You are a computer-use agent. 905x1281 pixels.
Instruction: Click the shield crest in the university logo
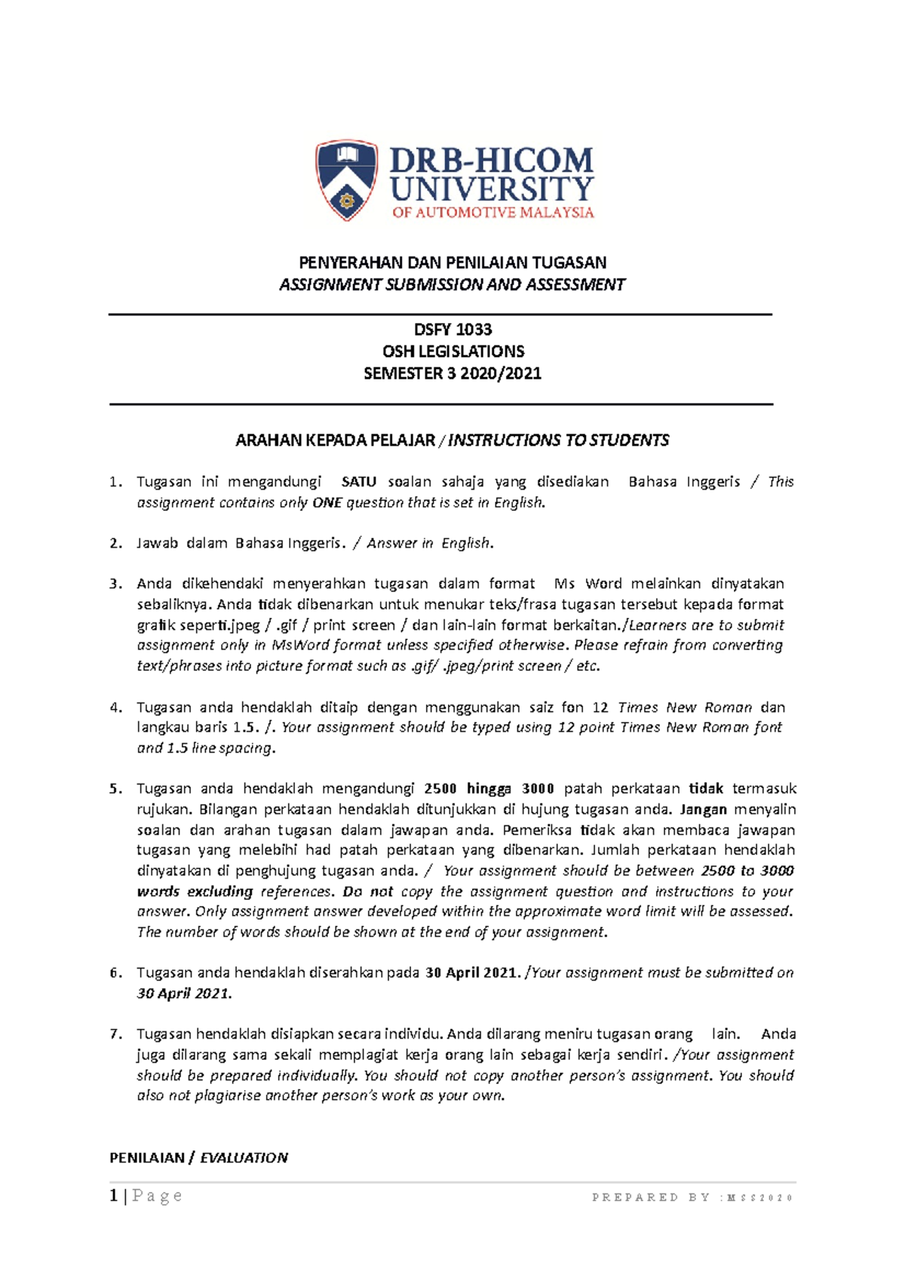[346, 179]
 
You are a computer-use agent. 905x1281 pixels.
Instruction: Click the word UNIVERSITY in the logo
[492, 189]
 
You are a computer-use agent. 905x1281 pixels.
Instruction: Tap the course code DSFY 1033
[452, 330]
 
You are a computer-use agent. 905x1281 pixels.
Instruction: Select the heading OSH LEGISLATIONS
[452, 352]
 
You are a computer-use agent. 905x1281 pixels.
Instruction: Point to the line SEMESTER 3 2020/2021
[452, 373]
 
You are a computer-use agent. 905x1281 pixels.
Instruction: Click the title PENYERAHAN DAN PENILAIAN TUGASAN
[452, 263]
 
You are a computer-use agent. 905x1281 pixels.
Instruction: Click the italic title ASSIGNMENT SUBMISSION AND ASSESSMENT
[452, 284]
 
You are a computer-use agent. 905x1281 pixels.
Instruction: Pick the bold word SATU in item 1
[358, 482]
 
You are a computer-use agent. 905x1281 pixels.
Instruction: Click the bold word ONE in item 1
[327, 502]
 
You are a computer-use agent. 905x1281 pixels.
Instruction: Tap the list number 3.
[115, 584]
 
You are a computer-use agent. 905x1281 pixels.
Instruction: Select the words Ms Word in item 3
[587, 584]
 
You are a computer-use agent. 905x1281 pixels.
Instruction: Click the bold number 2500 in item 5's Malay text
[440, 789]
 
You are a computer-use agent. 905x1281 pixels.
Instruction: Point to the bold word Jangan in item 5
[703, 809]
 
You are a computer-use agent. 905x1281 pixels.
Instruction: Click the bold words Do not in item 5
[367, 892]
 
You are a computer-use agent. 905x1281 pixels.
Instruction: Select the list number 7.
[115, 1034]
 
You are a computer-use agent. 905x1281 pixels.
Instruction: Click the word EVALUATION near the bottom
[244, 1158]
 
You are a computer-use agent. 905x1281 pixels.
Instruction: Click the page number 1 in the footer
[113, 1196]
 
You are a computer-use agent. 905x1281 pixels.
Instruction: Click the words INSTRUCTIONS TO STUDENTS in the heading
[558, 441]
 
